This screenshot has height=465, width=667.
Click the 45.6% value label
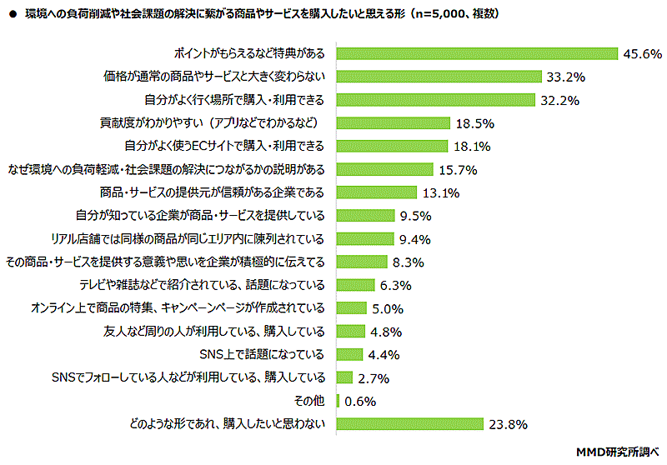click(x=641, y=54)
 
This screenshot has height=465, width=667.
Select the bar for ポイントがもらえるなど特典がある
click(x=476, y=54)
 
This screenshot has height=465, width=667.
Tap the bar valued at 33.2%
click(x=438, y=77)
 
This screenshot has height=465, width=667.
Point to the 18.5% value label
click(x=475, y=123)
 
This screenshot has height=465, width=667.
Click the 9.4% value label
click(x=414, y=239)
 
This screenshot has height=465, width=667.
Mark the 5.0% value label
click(x=387, y=308)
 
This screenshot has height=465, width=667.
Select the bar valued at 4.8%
click(x=350, y=331)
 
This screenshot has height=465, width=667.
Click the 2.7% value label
click(x=374, y=377)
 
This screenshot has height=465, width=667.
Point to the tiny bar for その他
click(x=338, y=401)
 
